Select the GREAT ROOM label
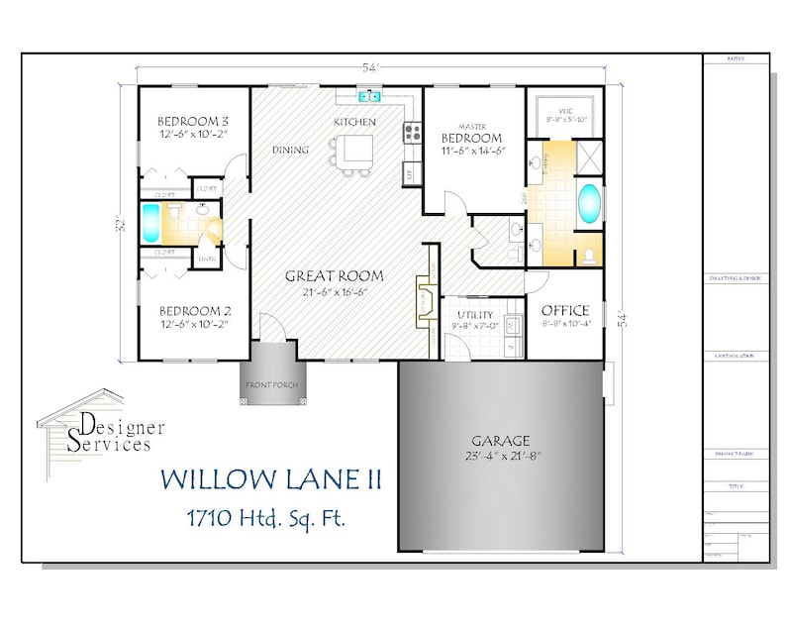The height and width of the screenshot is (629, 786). click(334, 275)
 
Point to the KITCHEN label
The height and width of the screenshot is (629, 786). click(354, 122)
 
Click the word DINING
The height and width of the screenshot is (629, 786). click(290, 151)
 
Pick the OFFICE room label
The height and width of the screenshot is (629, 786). click(565, 310)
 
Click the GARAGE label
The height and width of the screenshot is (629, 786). click(500, 440)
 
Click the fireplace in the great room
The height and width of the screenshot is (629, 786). click(422, 300)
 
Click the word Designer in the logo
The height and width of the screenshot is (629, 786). click(122, 426)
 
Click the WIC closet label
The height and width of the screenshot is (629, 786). click(566, 110)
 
